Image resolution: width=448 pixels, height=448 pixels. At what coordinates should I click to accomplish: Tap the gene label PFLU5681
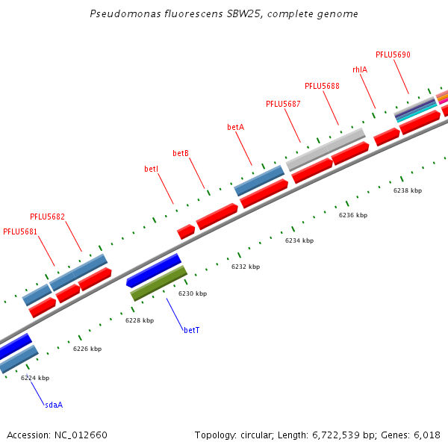pos(20,231)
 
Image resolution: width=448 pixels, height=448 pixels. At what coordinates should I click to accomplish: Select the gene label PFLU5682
pos(47,217)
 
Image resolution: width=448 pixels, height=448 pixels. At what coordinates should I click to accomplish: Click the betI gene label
pos(151,169)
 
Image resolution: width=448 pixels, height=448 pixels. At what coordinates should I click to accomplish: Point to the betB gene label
pos(181,153)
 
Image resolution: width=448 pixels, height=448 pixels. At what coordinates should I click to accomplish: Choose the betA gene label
pos(235,128)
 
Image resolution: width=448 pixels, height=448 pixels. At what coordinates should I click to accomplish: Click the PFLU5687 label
pos(283,104)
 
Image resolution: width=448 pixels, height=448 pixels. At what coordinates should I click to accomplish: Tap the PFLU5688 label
pos(322,87)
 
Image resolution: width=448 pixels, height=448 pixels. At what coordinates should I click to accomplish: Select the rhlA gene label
pos(359,69)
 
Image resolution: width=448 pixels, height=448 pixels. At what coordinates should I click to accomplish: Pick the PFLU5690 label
pos(393,55)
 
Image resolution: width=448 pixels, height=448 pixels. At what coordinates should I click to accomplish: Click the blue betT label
pos(191,330)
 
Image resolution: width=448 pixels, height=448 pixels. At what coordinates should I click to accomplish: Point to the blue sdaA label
pos(54,405)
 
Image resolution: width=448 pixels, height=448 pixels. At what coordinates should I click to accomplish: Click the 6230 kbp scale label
pos(191,293)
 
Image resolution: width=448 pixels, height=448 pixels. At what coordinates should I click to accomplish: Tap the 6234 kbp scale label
pos(299,240)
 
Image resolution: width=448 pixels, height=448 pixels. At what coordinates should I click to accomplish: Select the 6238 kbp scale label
pos(408,190)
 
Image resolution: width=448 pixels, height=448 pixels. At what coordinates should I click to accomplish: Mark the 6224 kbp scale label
pos(35,378)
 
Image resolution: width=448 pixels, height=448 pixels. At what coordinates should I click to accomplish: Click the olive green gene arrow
pos(158,284)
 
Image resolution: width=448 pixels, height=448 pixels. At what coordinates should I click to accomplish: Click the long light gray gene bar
pos(326,149)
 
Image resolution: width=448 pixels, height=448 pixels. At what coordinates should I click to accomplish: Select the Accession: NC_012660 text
pos(57,435)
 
